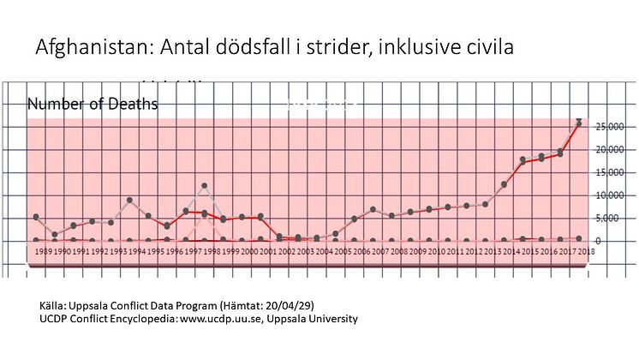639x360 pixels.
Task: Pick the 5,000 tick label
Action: click(612, 218)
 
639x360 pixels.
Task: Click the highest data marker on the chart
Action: click(579, 123)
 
